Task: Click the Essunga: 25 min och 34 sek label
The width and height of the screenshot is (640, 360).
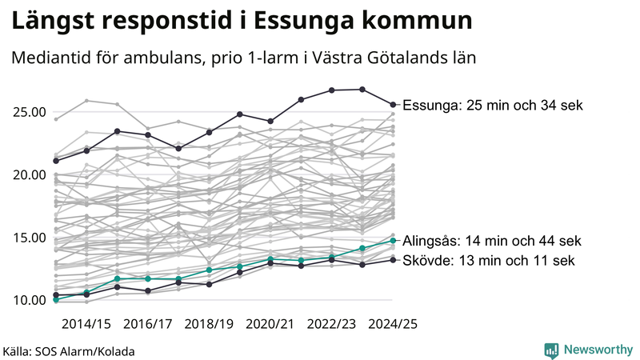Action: (493, 106)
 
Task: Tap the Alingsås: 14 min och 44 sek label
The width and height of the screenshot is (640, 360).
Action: (490, 241)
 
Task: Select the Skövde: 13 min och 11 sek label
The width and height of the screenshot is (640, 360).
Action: (488, 261)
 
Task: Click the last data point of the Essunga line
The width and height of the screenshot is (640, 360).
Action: (393, 104)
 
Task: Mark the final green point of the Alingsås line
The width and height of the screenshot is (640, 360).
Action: (393, 240)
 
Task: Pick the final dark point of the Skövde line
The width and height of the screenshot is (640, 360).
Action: (393, 259)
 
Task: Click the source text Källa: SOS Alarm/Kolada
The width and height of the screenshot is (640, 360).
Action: (69, 351)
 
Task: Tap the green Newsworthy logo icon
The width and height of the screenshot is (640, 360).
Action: (551, 350)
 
